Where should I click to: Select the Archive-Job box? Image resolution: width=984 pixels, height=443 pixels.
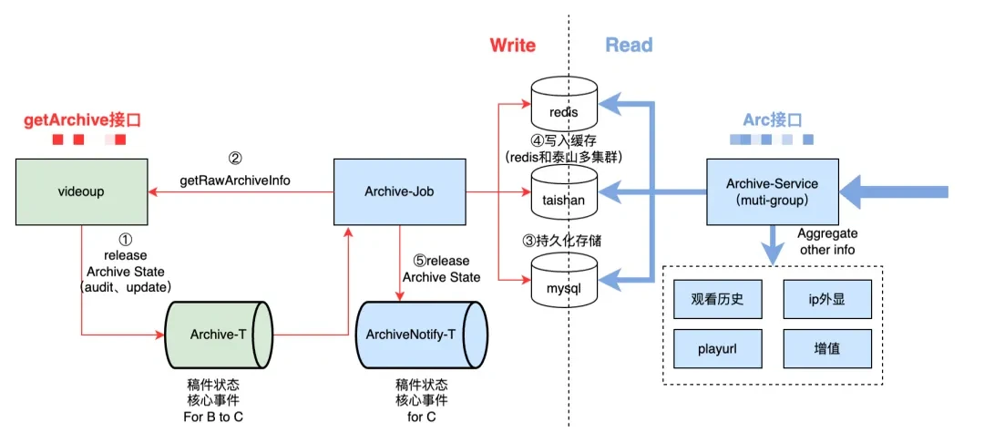click(400, 192)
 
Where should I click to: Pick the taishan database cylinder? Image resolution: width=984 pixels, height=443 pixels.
click(564, 194)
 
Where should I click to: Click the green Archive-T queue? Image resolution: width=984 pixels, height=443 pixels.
click(219, 334)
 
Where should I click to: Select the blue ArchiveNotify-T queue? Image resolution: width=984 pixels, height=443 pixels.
click(420, 334)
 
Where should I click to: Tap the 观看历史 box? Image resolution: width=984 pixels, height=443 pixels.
click(719, 299)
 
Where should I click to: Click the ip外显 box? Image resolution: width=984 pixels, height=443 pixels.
click(827, 299)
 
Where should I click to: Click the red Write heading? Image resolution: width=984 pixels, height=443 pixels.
click(513, 45)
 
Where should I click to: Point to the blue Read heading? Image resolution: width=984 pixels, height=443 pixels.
click(629, 45)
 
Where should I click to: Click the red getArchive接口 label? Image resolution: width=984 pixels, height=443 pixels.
click(83, 118)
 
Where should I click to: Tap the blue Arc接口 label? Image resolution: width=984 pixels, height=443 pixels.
click(773, 119)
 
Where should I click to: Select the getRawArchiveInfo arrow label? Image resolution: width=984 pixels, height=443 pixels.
click(235, 180)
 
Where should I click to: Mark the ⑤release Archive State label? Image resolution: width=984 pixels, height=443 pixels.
click(441, 269)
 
